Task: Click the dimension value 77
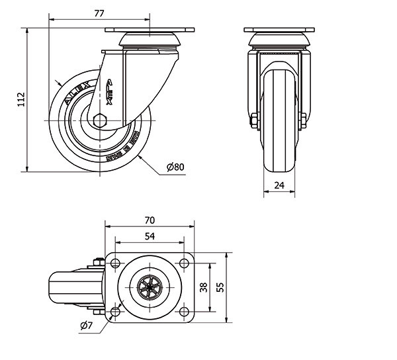coord(99,13)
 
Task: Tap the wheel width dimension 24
coord(279,186)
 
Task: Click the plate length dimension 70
coord(150,220)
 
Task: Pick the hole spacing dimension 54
coord(150,236)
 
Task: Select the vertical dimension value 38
coord(204,287)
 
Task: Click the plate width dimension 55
coord(220,287)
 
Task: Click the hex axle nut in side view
coord(101,120)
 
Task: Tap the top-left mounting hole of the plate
coord(116,264)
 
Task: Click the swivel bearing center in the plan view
coord(150,288)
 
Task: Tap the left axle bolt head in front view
coord(253,120)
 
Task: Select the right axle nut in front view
coord(304,120)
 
